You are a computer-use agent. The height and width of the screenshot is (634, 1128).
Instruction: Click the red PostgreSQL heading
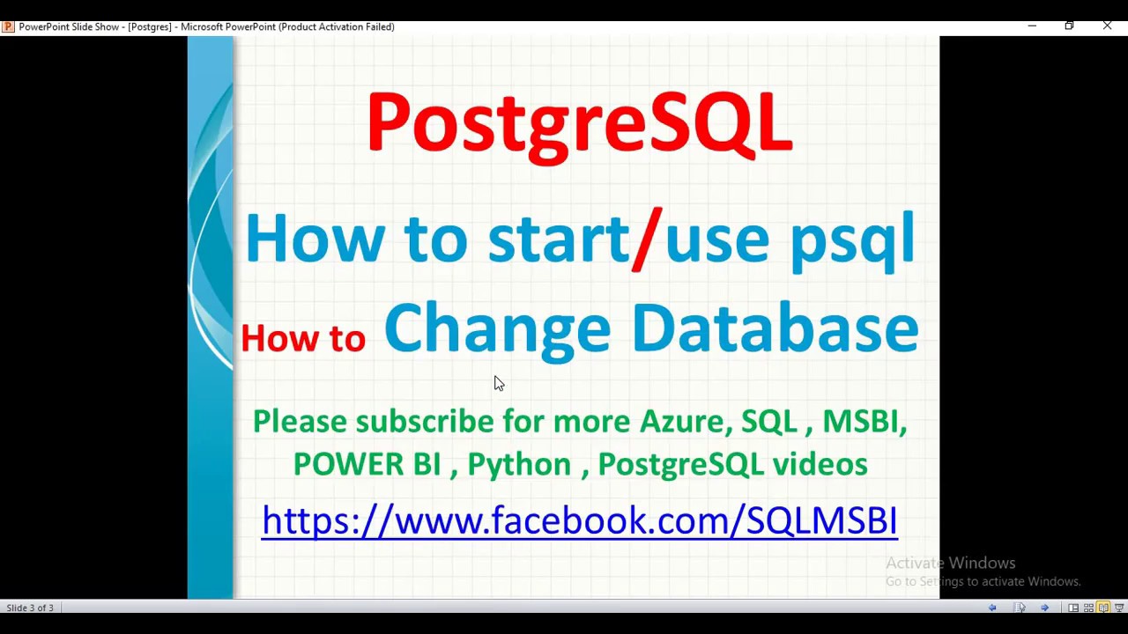579,123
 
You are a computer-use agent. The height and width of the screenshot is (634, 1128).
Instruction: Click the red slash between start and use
647,238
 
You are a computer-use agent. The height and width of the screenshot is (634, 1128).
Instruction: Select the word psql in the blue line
852,240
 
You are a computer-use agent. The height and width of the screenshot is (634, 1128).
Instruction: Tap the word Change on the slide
497,328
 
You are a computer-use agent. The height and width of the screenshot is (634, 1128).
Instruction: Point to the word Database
775,328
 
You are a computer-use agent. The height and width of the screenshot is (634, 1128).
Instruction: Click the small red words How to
303,338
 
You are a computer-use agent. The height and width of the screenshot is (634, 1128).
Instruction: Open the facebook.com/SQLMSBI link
579,520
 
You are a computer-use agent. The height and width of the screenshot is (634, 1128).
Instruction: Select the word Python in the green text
519,464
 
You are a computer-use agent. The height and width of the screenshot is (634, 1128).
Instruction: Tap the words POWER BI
367,464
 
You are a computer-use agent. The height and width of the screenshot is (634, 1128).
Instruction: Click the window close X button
1107,26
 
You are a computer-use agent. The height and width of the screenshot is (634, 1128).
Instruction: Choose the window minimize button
1032,26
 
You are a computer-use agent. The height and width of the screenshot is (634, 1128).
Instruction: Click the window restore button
1069,26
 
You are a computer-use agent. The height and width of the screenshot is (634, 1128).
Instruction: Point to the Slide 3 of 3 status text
30,608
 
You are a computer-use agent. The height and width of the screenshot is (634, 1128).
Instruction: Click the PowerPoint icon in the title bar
8,26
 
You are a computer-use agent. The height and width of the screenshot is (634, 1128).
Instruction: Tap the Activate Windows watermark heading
950,563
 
